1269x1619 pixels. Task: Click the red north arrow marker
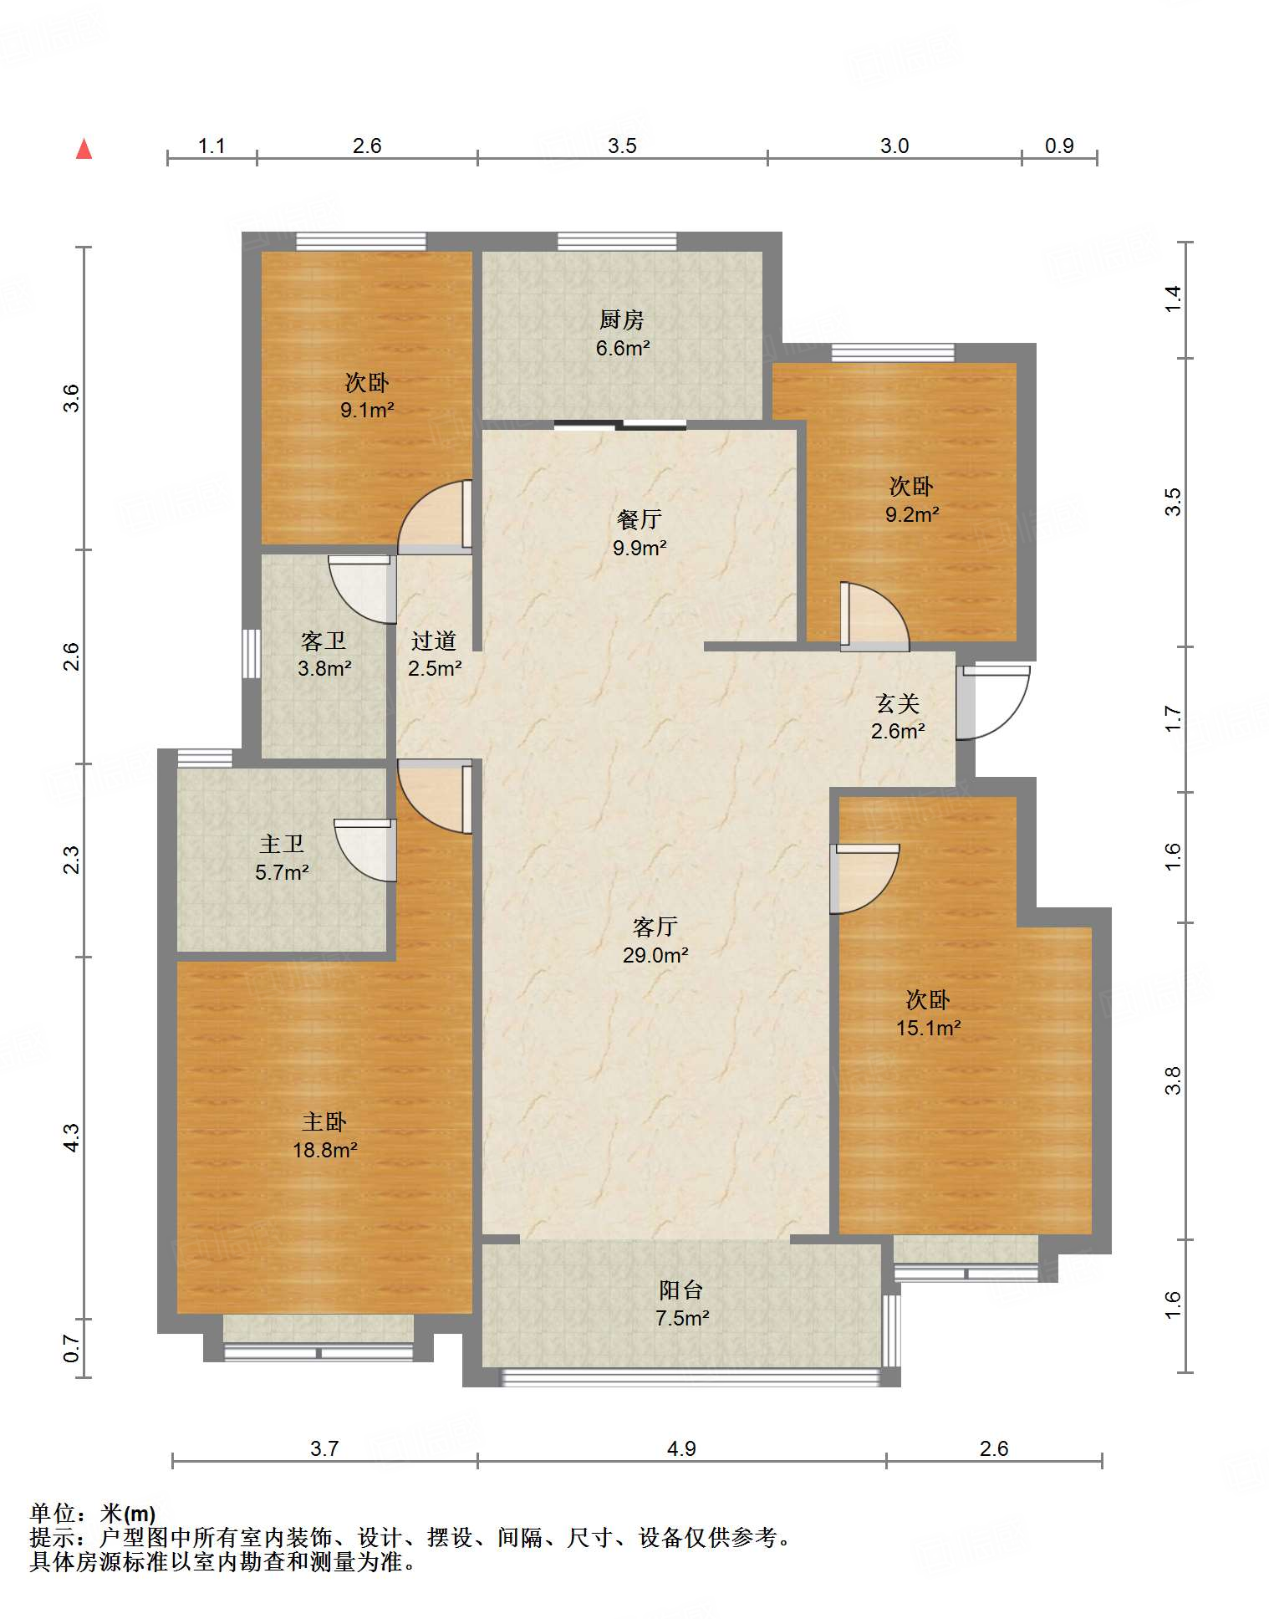click(x=84, y=149)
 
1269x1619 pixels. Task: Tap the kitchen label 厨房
click(x=621, y=319)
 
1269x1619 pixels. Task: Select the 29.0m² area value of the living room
click(x=655, y=955)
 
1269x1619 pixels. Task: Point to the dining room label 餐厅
click(x=640, y=519)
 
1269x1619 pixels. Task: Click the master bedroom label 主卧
click(x=324, y=1121)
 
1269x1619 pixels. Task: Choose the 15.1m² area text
click(x=928, y=1028)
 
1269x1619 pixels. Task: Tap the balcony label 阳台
click(x=681, y=1290)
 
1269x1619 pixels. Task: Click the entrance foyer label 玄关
click(x=898, y=703)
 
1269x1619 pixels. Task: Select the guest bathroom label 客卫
click(x=324, y=641)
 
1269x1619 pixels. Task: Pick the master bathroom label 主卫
click(x=282, y=845)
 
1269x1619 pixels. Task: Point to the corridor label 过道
click(x=434, y=641)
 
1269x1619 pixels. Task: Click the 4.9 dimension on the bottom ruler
click(x=681, y=1448)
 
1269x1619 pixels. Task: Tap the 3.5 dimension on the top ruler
click(x=622, y=146)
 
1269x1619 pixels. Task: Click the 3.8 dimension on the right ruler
click(x=1173, y=1080)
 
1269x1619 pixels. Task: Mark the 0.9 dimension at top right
click(x=1059, y=146)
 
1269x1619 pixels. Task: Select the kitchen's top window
click(x=617, y=242)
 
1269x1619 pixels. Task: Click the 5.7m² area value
click(x=283, y=873)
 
